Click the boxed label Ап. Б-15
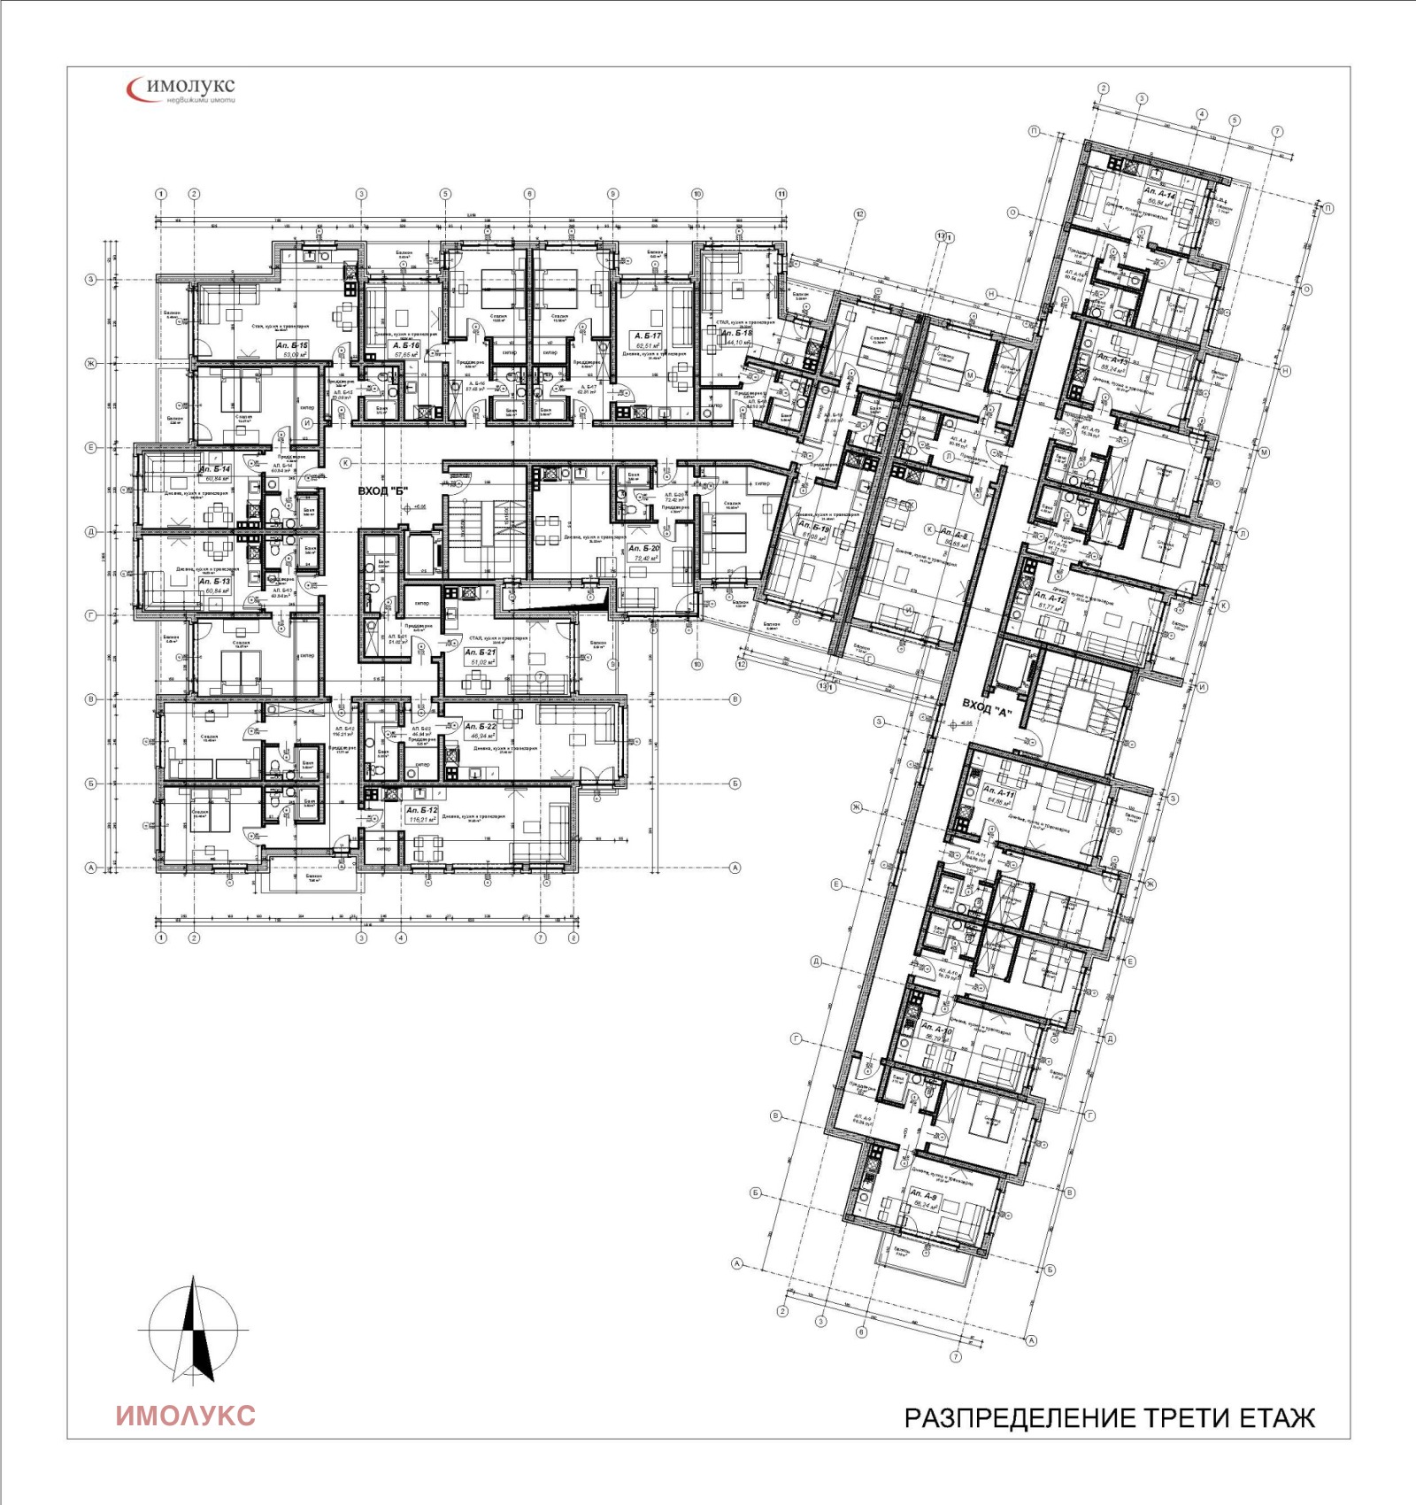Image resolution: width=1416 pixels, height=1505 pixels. [292, 345]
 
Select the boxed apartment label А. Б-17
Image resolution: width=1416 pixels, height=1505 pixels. [648, 336]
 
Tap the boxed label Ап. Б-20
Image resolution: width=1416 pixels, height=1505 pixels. [644, 549]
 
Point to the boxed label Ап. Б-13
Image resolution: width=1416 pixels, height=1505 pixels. [214, 582]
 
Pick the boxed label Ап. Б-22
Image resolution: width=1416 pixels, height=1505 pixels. [481, 727]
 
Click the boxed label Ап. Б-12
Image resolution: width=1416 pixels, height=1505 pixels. [421, 810]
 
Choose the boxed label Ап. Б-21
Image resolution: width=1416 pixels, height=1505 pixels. [481, 652]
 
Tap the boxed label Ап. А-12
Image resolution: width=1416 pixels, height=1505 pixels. [1050, 598]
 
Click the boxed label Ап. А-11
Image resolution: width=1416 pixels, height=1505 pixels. [998, 791]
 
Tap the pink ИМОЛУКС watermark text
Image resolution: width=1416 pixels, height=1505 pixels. [186, 1415]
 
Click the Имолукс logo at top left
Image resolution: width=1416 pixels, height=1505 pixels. [181, 89]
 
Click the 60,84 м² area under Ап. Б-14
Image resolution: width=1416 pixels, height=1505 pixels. [216, 479]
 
